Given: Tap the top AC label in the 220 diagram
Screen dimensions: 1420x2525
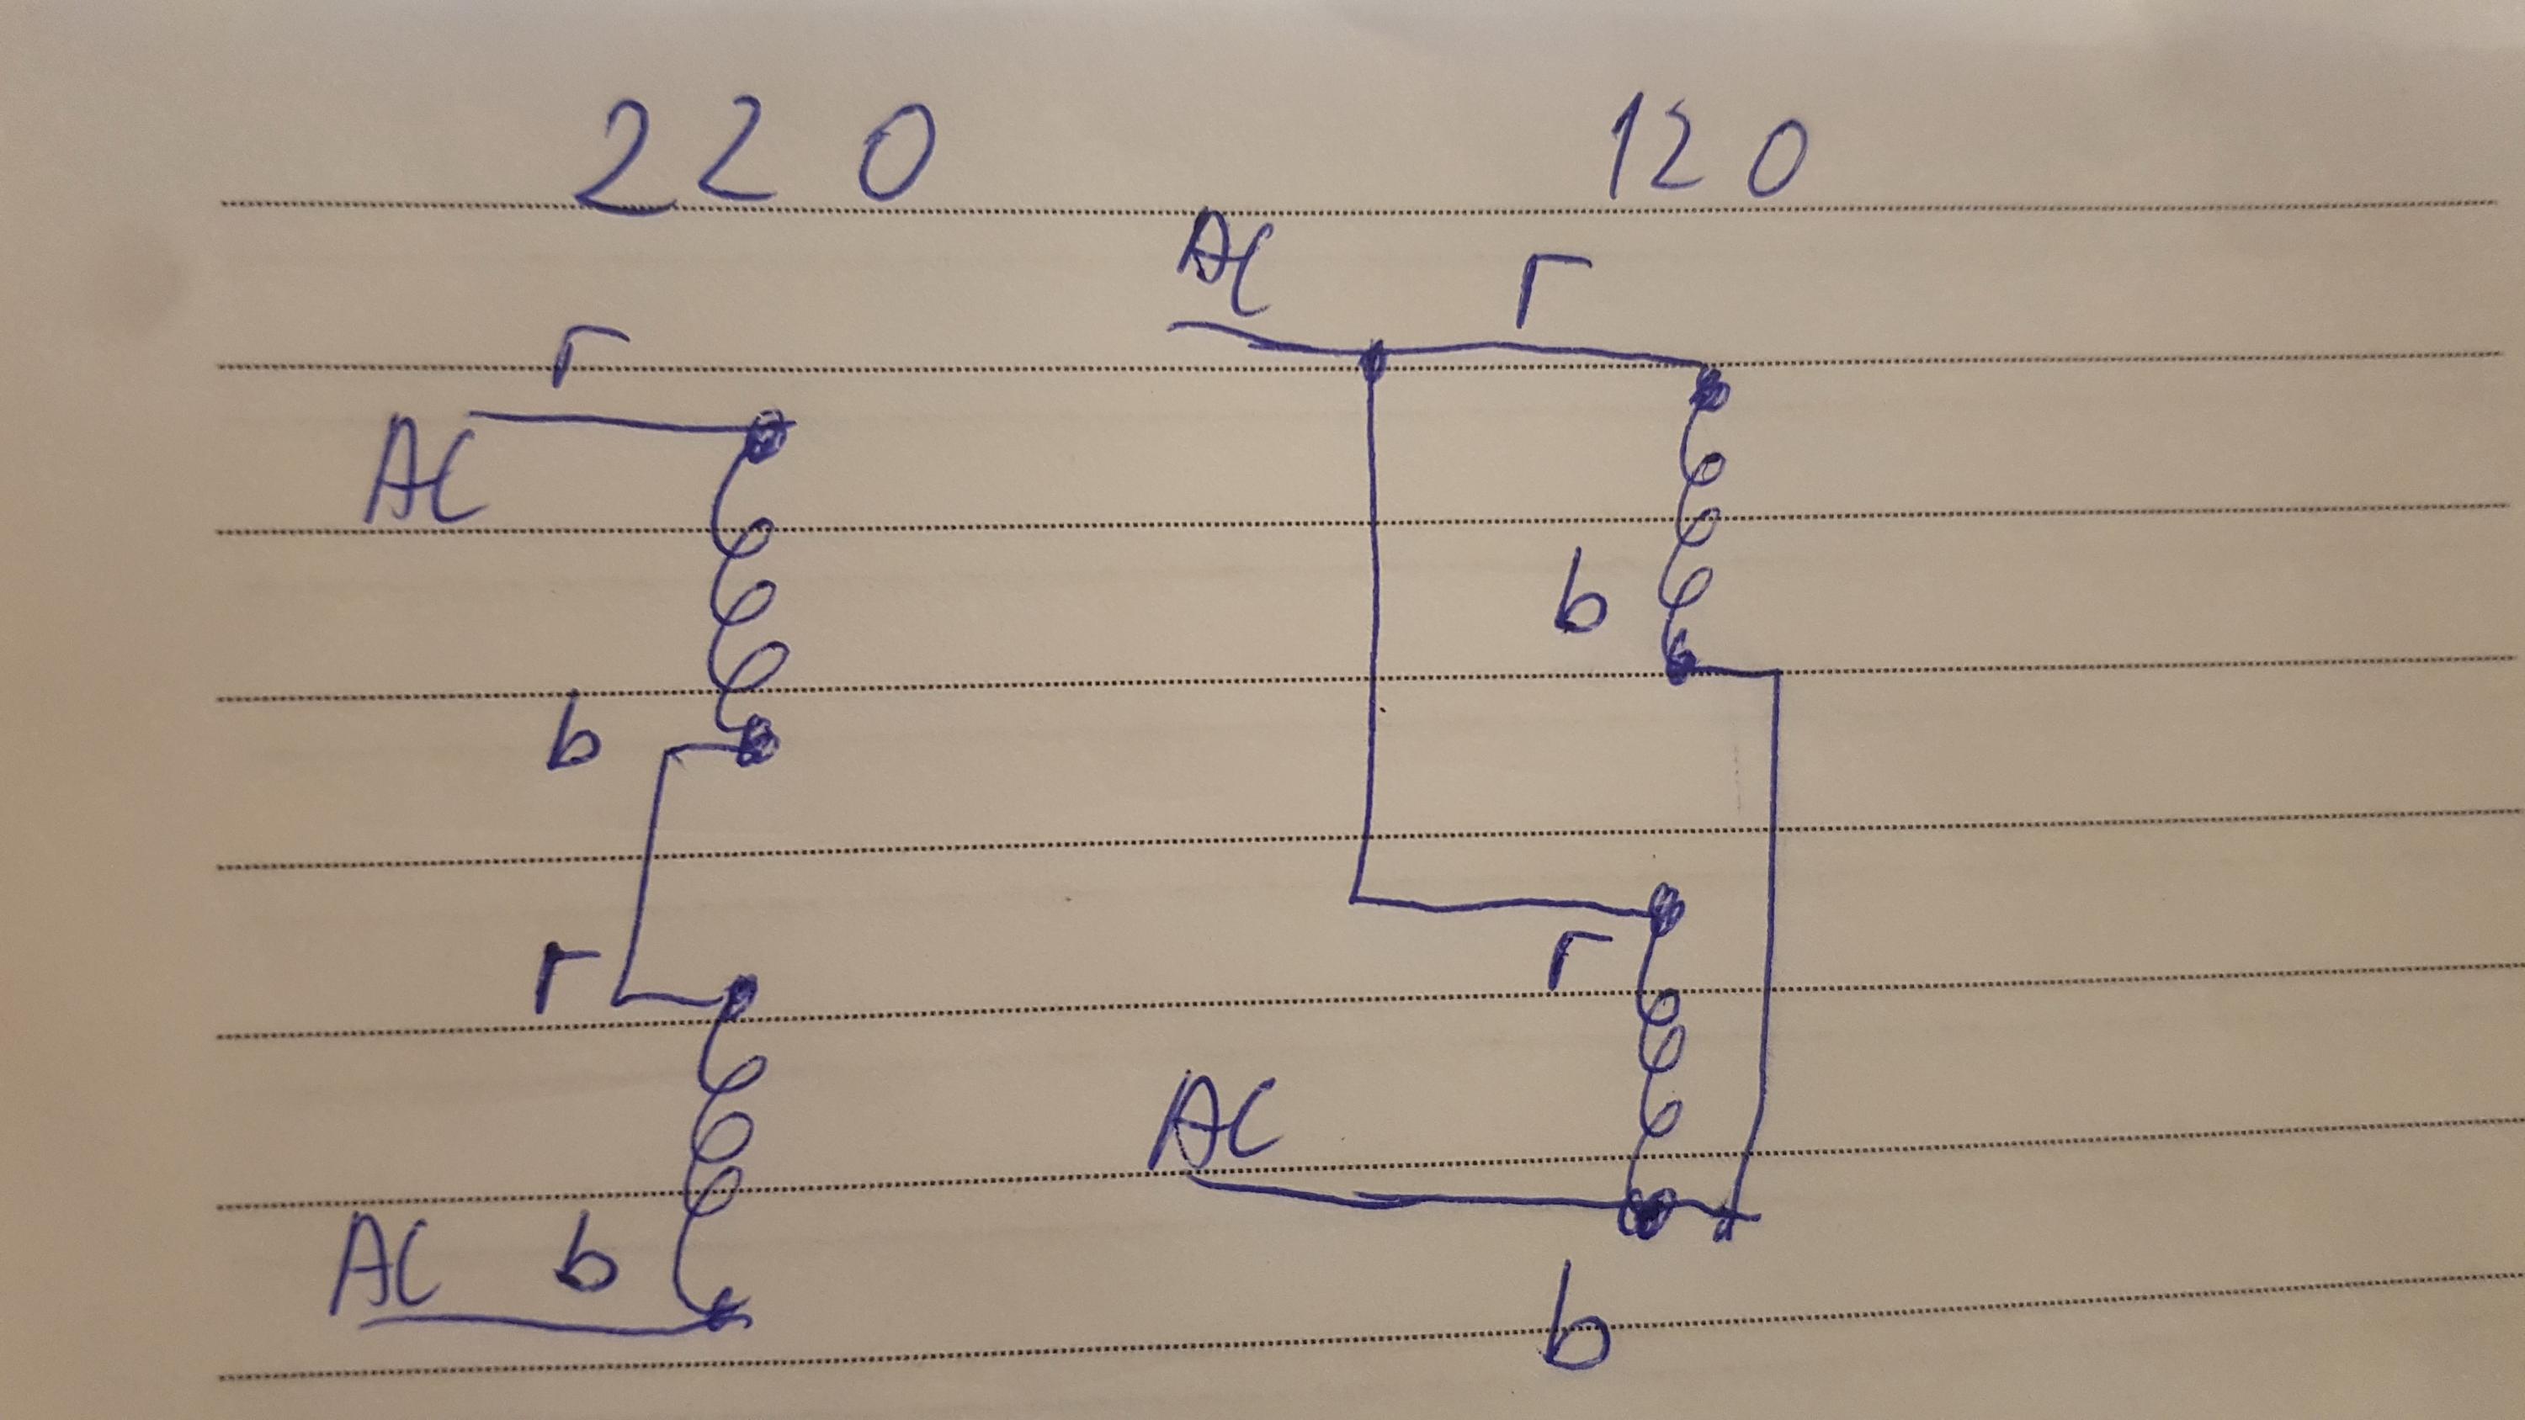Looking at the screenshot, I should click(x=423, y=480).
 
